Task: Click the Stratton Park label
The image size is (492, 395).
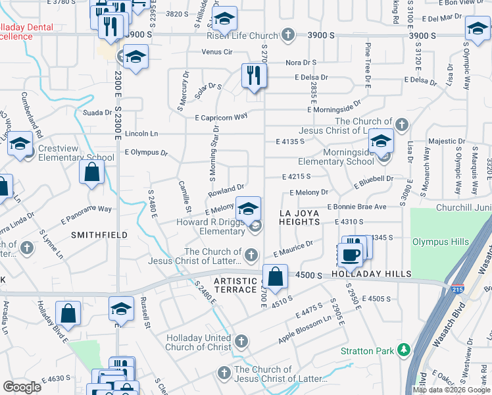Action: (366, 351)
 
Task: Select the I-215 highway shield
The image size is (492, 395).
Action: (457, 288)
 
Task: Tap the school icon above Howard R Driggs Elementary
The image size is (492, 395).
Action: (247, 209)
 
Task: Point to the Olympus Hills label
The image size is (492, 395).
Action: (440, 242)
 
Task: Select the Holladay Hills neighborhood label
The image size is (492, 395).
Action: (371, 274)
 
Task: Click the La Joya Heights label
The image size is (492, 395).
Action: (299, 217)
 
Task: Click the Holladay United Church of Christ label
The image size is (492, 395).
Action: (199, 342)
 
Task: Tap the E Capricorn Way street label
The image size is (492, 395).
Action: (221, 117)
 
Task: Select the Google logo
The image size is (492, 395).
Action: (22, 386)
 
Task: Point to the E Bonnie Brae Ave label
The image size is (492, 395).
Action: (370, 207)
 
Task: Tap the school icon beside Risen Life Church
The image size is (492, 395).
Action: (224, 20)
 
